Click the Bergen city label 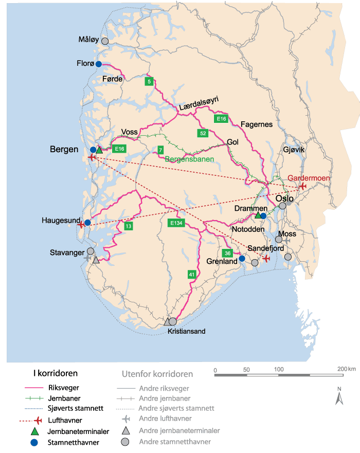(64, 150)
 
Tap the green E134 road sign (176, 223)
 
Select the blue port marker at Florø (98, 64)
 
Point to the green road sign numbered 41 (191, 274)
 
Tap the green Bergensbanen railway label (189, 159)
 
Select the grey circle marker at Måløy (105, 41)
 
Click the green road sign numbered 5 (150, 81)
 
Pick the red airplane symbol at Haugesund (80, 225)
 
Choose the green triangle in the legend (34, 430)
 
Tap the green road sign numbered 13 (128, 226)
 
